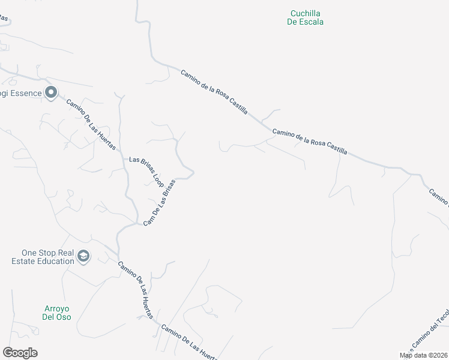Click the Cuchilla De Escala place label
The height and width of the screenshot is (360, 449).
[x=306, y=17]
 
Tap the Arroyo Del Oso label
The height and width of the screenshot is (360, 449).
[x=57, y=312]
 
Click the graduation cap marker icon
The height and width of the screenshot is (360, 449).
[x=83, y=257]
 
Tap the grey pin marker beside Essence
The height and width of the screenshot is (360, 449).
[x=51, y=93]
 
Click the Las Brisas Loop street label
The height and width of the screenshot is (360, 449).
[x=146, y=172]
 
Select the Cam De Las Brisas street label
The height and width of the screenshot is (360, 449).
[x=159, y=202]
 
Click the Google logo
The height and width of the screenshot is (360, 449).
[x=20, y=353]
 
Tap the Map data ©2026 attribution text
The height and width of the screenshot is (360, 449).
[x=424, y=355]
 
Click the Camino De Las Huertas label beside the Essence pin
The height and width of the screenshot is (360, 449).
[x=91, y=124]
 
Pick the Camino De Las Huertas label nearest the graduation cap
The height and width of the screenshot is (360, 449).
[x=136, y=290]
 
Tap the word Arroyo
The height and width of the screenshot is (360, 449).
[x=57, y=308]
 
